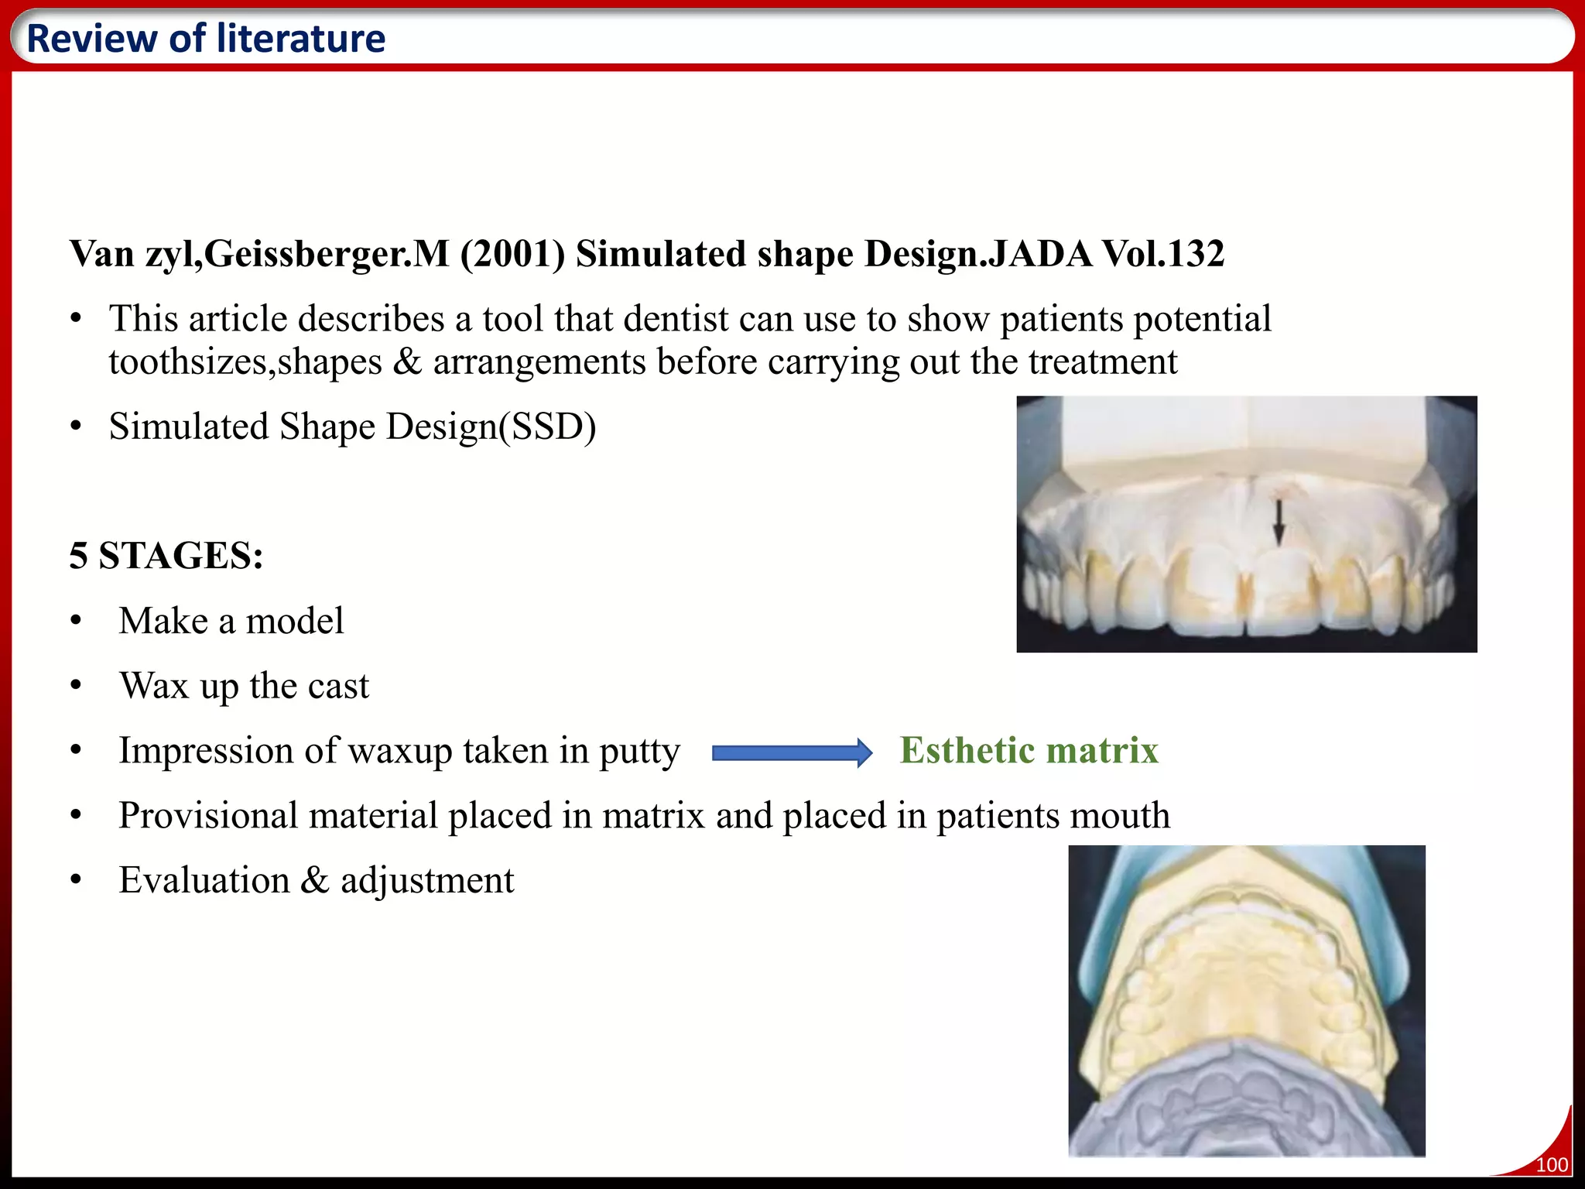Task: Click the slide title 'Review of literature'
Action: coord(206,39)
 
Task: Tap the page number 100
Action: coord(1551,1164)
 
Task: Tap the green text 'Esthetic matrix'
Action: coord(1029,750)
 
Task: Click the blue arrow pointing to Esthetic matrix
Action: coord(792,752)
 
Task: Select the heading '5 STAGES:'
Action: coord(166,556)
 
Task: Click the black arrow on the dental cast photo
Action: coord(1279,523)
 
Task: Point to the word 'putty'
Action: coord(639,752)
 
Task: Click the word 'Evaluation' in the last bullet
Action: coord(204,880)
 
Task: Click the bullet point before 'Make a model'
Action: coord(75,622)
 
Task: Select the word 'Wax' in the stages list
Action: coord(154,686)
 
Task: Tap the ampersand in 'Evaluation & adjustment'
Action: coord(314,880)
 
